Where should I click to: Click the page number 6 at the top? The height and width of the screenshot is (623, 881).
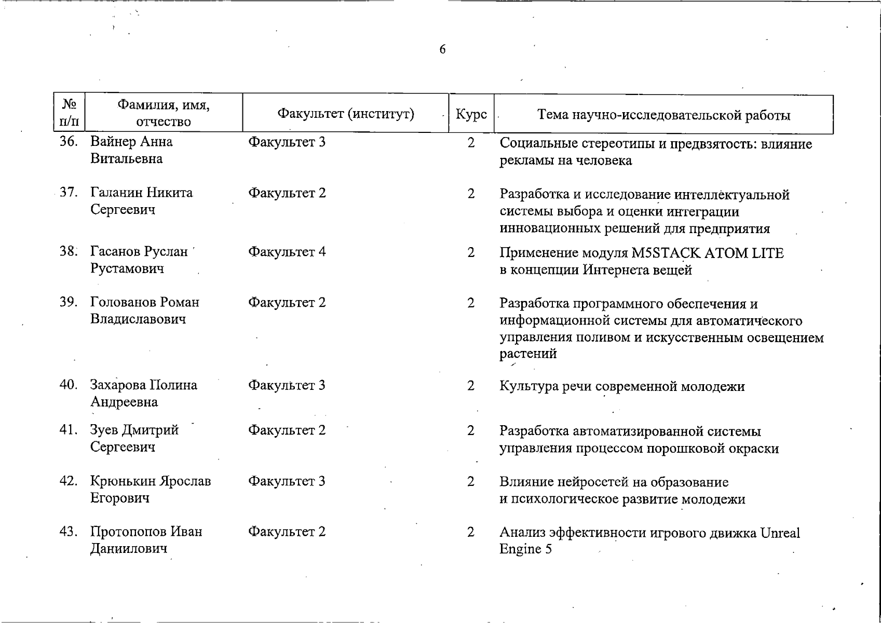click(442, 49)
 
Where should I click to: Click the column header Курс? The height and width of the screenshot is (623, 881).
click(471, 114)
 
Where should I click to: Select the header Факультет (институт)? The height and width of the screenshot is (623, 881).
click(345, 114)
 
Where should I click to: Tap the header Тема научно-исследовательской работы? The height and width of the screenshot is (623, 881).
click(663, 115)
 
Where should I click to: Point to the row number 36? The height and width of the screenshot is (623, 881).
click(69, 142)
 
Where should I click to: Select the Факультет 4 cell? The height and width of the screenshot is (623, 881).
click(287, 252)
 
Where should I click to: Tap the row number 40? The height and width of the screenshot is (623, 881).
click(69, 385)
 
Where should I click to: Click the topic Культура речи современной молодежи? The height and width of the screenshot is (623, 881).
click(621, 386)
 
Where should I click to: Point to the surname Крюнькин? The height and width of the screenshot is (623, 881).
click(123, 481)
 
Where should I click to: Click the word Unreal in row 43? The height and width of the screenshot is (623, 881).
click(780, 533)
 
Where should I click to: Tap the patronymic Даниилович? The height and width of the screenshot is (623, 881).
click(128, 549)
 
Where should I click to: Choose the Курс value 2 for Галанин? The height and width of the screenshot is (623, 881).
click(470, 194)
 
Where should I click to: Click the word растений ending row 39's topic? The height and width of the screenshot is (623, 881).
click(528, 354)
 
